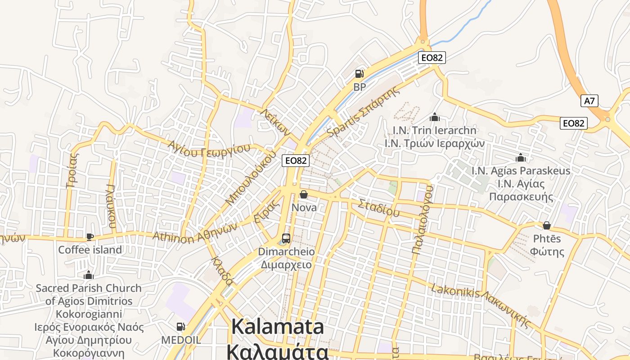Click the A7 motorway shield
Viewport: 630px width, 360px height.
point(589,101)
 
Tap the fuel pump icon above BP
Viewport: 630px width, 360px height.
point(359,73)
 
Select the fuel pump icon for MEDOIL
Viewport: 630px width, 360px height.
point(180,327)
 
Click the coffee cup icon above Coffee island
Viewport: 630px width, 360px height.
point(90,237)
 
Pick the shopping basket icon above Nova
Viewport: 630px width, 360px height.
point(304,194)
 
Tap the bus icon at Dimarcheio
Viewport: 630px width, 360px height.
point(286,238)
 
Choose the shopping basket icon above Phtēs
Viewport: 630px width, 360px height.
point(547,225)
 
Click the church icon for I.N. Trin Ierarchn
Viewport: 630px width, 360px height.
point(435,117)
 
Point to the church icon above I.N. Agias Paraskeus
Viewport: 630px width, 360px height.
point(521,158)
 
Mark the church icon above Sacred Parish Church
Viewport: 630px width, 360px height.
point(89,275)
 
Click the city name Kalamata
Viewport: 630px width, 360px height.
point(278,327)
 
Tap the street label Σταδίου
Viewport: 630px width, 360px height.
point(378,208)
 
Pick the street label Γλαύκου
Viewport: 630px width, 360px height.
point(111,206)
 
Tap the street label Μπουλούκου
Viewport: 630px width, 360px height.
point(251,178)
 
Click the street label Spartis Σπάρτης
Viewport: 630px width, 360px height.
point(364,112)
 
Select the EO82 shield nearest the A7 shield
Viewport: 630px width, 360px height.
point(574,123)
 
